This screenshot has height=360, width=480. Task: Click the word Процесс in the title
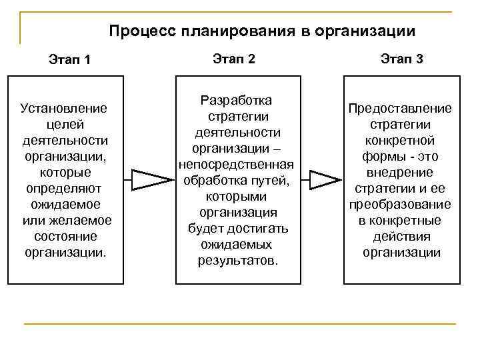(x=137, y=31)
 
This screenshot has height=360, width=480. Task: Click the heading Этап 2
(x=234, y=59)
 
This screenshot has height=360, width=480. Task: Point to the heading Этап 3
(x=402, y=59)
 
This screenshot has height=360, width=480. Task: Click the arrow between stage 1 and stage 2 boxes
(x=151, y=179)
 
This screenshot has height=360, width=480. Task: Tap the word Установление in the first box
(x=64, y=108)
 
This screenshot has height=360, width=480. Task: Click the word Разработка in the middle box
(x=236, y=101)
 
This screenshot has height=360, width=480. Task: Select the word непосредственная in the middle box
(x=236, y=164)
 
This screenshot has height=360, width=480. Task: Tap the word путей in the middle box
(x=270, y=181)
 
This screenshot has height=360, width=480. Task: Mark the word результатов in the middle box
(x=236, y=260)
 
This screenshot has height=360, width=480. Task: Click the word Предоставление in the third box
(x=399, y=109)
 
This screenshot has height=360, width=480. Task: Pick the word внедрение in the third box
(x=399, y=172)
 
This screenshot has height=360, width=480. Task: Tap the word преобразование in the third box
(x=399, y=205)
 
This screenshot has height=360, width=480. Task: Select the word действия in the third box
(x=399, y=237)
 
